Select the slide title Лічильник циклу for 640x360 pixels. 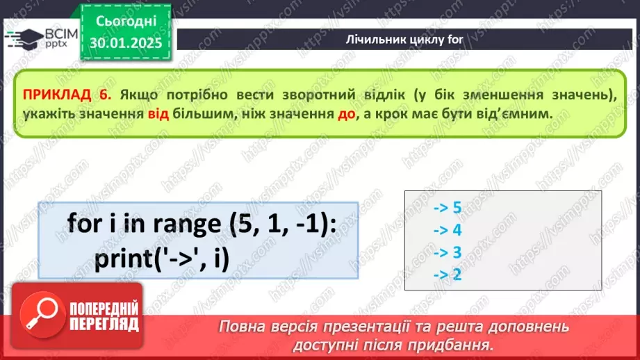404,39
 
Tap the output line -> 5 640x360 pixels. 448,207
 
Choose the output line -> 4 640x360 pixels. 448,230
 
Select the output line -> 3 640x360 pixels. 448,252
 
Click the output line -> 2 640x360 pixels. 448,275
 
